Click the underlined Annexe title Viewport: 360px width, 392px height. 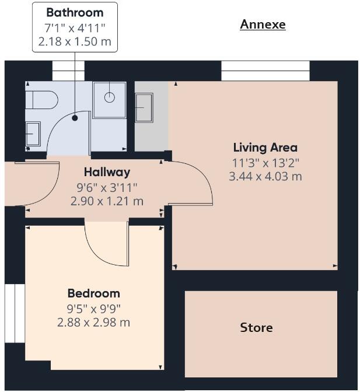[263, 24]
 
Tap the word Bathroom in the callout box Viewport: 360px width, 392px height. [75, 12]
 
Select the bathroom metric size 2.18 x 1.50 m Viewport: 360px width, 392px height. [75, 42]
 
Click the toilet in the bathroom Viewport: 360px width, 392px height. [41, 100]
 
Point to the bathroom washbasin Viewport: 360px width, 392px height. [33, 134]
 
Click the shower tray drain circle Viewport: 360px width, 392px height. [109, 97]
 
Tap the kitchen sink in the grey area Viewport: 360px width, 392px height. [144, 108]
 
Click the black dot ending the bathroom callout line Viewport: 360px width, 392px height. [75, 118]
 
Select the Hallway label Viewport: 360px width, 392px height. [107, 172]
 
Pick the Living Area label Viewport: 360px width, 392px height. [265, 148]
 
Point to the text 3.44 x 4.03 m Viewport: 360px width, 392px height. [265, 176]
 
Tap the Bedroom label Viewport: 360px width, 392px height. [93, 293]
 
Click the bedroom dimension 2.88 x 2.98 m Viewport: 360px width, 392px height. [93, 322]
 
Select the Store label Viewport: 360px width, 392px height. [256, 328]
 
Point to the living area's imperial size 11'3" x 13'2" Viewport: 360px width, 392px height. [265, 162]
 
